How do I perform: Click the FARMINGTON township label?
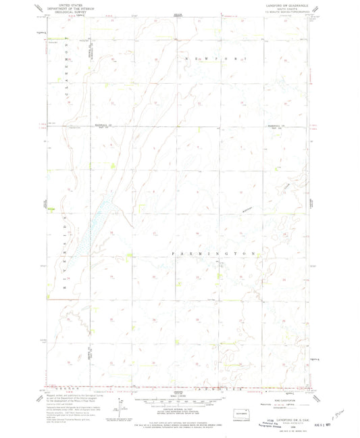click(x=214, y=253)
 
